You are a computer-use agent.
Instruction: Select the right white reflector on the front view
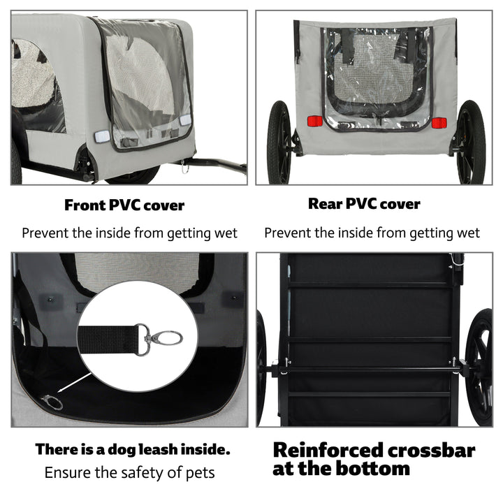[185, 120]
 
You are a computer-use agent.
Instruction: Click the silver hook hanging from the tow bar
[185, 167]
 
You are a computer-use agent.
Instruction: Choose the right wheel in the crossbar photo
[479, 367]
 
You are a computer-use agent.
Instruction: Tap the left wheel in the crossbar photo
[262, 367]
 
